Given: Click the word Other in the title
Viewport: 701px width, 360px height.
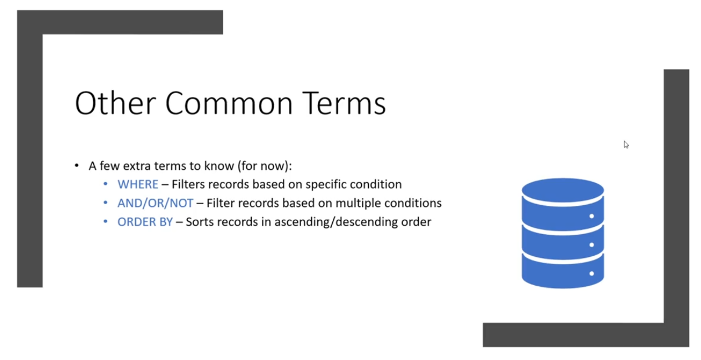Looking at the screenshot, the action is [115, 103].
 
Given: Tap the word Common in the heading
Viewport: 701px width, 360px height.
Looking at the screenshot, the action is [229, 103].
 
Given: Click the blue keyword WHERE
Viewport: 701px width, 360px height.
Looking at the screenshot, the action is [138, 184].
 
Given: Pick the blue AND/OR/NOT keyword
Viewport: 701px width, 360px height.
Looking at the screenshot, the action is [155, 203].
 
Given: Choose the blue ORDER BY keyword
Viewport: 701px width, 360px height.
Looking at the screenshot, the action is [145, 222].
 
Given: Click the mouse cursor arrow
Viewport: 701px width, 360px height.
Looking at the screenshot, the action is [626, 145].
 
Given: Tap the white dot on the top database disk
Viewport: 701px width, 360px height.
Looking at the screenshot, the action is [591, 216].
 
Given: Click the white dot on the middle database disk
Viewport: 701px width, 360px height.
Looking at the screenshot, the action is [591, 245].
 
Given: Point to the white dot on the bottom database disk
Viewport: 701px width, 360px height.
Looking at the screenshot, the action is [591, 273].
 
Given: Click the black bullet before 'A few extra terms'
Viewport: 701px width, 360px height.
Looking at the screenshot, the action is [77, 165].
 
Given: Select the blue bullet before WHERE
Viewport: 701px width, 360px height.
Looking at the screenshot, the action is [105, 184].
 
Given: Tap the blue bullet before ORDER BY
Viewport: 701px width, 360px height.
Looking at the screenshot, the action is [105, 222].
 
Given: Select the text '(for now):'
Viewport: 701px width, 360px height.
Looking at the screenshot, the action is [265, 166].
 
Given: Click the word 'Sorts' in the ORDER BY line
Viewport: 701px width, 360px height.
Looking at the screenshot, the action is [199, 222].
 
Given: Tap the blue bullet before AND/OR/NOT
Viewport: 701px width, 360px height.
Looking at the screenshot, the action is [105, 203].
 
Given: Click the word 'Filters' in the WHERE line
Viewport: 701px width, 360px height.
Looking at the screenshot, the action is [189, 184].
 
